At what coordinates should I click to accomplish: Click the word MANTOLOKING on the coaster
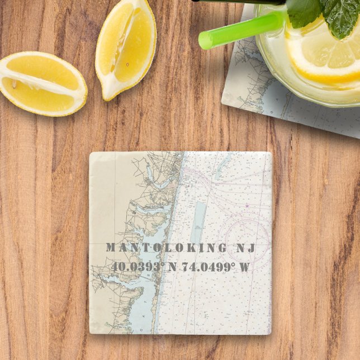click(160, 248)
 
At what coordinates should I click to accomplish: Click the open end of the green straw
click(206, 40)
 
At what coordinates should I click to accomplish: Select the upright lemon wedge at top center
click(126, 48)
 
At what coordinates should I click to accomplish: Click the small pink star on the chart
click(246, 206)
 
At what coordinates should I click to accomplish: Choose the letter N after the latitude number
click(172, 266)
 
